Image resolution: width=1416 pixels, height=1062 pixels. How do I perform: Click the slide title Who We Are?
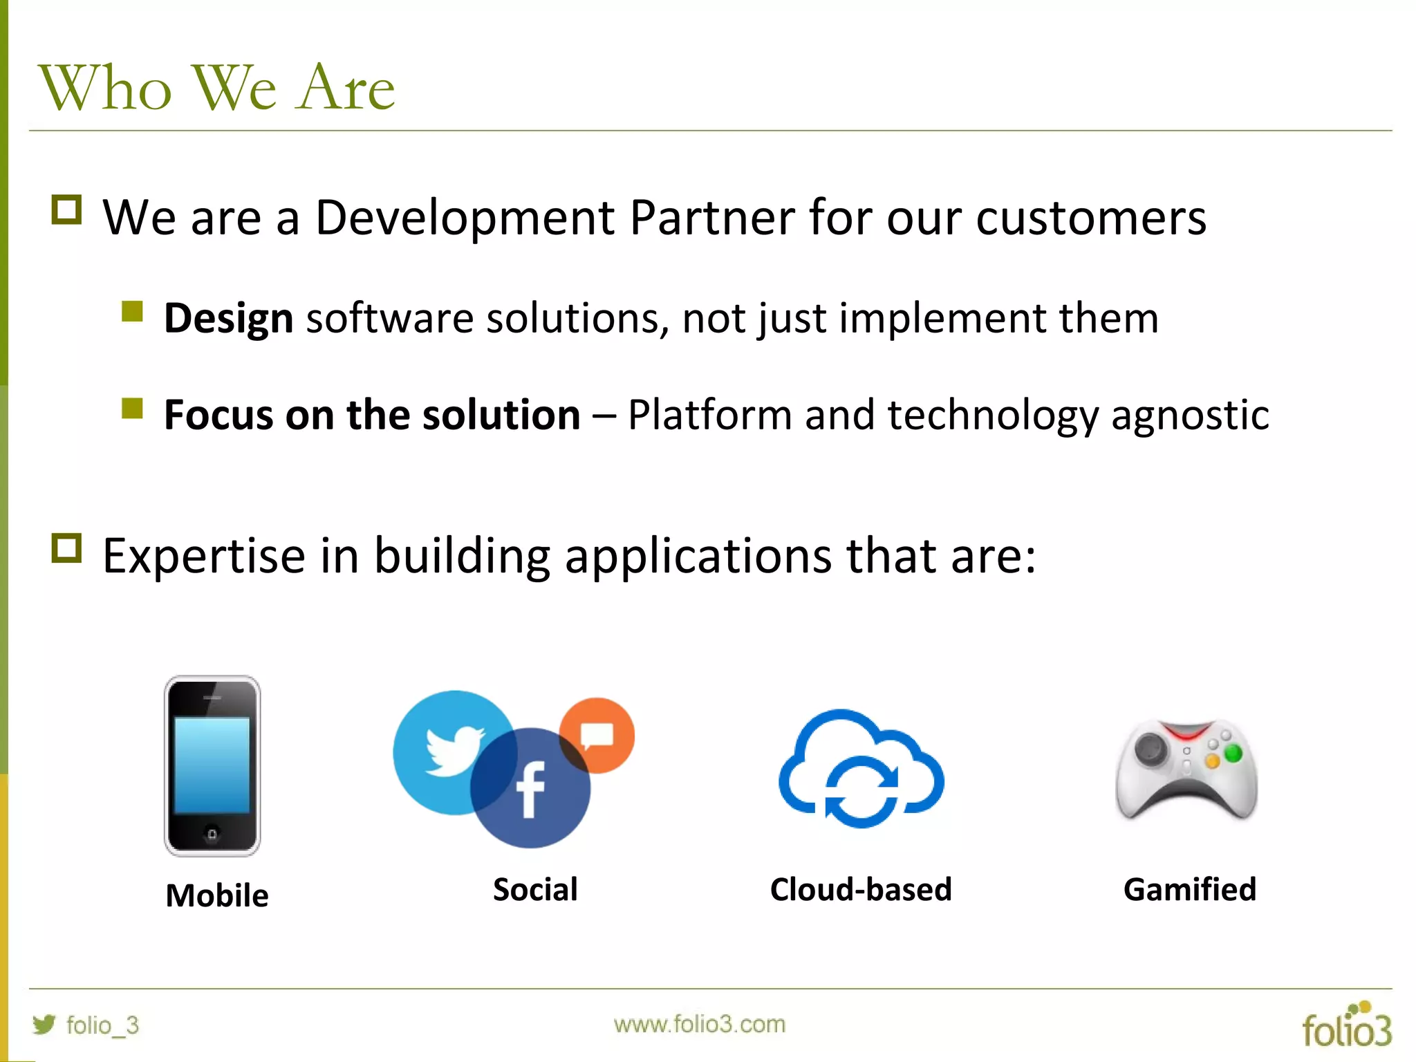point(216,88)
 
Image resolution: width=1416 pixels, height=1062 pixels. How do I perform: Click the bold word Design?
point(228,319)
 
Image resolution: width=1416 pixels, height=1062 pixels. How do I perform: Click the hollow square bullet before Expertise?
point(66,548)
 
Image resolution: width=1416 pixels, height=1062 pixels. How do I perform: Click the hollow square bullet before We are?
point(66,209)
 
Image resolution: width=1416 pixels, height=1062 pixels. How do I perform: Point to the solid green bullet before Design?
point(132,312)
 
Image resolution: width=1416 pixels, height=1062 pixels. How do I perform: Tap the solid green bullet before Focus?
point(132,409)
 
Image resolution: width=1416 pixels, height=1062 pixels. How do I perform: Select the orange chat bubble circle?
point(597,734)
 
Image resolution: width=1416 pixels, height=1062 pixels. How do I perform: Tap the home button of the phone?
point(212,834)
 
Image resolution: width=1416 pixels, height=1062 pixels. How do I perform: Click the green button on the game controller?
point(1233,753)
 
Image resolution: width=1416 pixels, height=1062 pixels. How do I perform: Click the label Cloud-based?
point(861,890)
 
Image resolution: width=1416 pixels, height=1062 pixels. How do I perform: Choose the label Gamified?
point(1189,890)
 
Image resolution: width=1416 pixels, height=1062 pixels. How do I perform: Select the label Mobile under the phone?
point(217,896)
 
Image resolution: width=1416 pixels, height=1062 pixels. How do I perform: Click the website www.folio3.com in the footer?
point(699,1024)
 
